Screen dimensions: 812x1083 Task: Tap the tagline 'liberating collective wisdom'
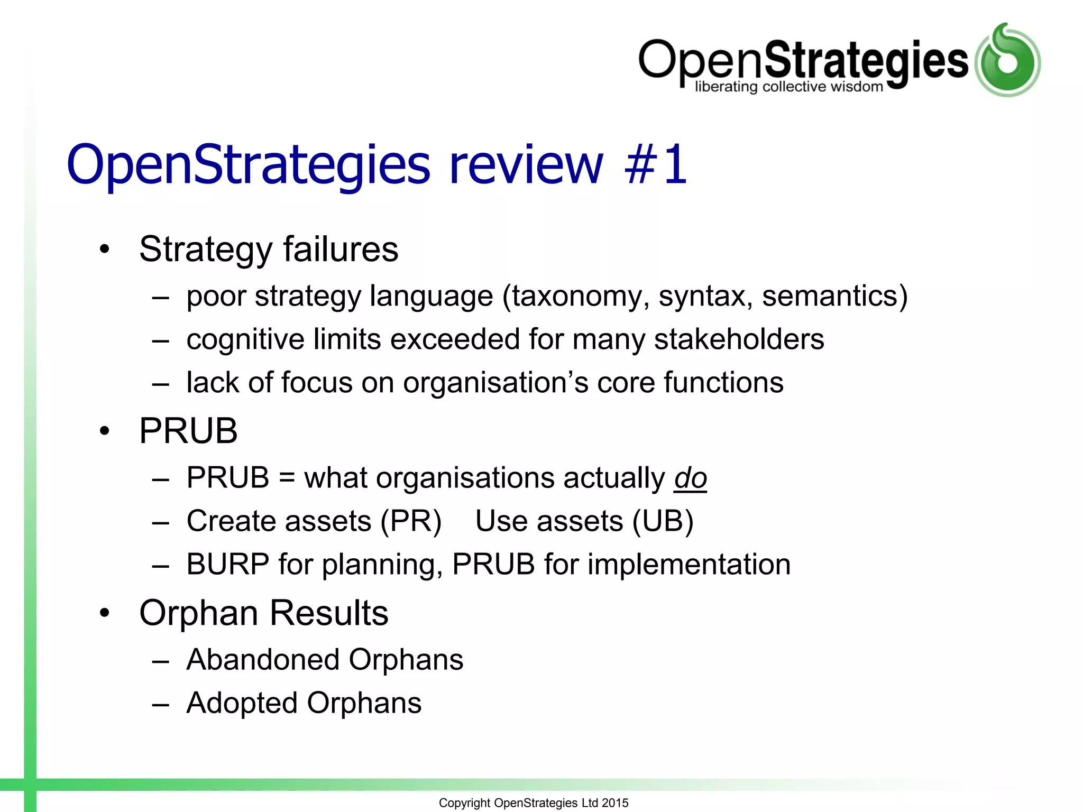788,87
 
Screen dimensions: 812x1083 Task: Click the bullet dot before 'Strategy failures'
105,249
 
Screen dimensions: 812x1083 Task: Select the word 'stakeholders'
739,339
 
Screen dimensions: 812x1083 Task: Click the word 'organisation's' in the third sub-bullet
495,383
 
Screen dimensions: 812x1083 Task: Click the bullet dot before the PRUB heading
105,431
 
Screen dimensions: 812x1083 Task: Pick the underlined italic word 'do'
690,478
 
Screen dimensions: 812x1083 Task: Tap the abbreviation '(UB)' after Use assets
663,522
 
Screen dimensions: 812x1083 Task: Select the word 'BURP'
228,565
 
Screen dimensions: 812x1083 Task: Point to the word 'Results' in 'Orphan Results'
329,613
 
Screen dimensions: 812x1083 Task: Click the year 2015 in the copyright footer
615,803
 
